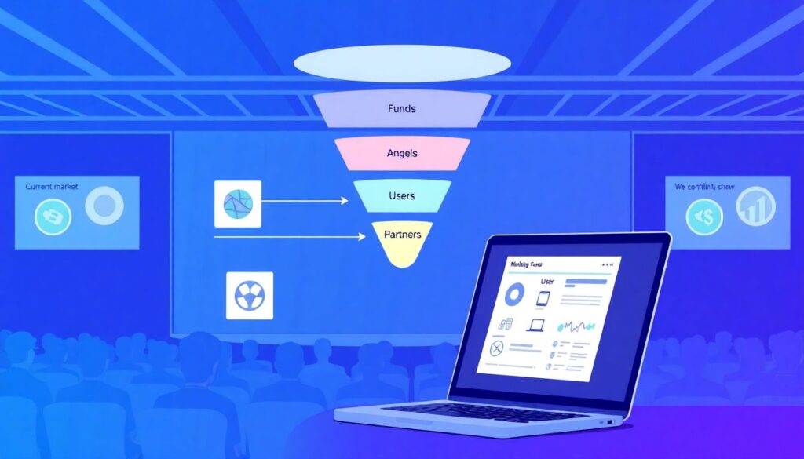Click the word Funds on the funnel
(402, 109)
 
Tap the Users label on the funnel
(402, 195)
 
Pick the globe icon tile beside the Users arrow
(237, 203)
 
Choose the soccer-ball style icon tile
(249, 295)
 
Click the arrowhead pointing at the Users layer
(343, 201)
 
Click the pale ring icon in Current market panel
(103, 206)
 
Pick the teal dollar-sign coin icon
(704, 217)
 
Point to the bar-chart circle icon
(755, 207)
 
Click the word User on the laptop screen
(546, 280)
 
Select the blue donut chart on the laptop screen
(515, 295)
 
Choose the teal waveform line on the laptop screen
(577, 326)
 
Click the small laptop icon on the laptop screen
(535, 325)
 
